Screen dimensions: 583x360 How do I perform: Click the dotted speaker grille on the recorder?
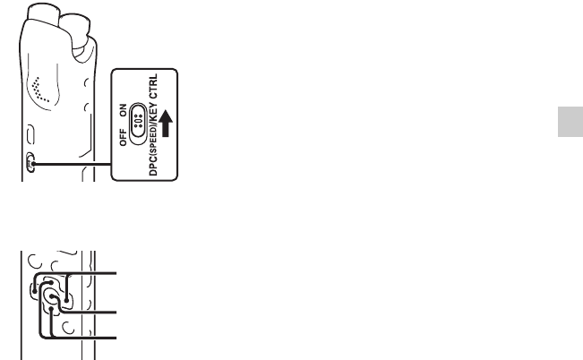[39, 88]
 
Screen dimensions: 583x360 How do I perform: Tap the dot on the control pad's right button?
[65, 300]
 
